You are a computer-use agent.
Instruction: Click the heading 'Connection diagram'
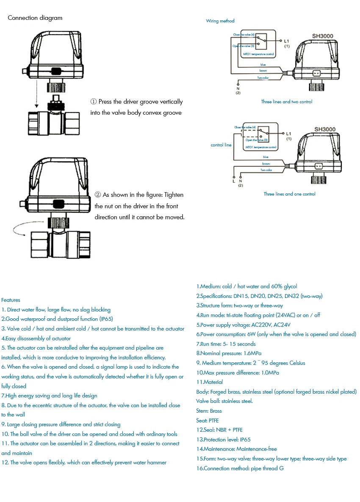(x=35, y=18)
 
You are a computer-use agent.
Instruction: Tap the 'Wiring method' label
(x=220, y=21)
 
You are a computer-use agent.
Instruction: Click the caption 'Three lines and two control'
(x=287, y=102)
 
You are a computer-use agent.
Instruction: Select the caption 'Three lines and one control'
(x=289, y=194)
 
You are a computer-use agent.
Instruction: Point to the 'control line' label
(x=221, y=145)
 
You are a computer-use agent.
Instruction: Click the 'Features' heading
(x=11, y=300)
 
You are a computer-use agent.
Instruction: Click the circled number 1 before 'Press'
(x=94, y=102)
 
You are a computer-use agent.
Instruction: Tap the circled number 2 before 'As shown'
(x=98, y=195)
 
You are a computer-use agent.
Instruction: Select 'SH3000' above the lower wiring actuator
(x=325, y=129)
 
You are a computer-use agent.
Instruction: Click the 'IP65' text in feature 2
(x=106, y=319)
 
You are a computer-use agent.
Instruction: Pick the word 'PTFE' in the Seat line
(x=214, y=420)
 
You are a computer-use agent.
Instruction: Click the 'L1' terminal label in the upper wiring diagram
(x=287, y=41)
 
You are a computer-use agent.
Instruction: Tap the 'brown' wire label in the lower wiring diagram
(x=266, y=163)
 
